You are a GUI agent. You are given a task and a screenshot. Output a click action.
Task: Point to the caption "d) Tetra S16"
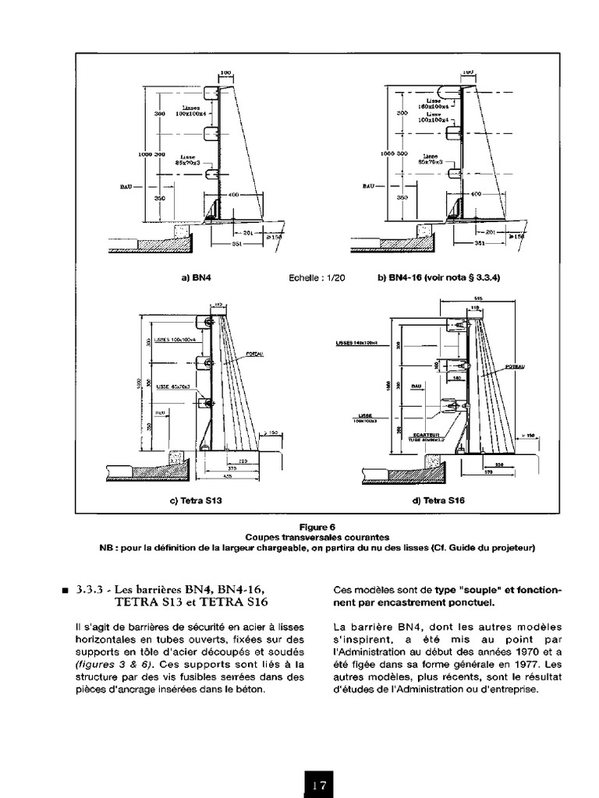(438, 501)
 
